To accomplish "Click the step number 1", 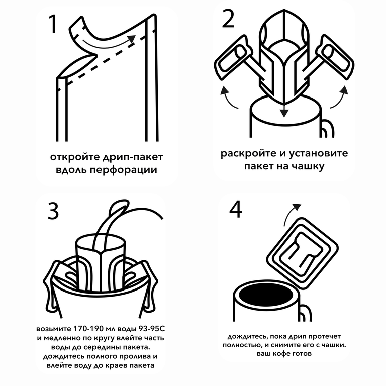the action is point(53,24).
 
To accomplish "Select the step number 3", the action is point(53,211).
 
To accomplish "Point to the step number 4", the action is point(236,209).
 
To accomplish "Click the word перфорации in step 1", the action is point(123,170).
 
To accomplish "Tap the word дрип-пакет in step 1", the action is point(133,157).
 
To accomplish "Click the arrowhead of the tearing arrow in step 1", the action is point(131,39).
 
